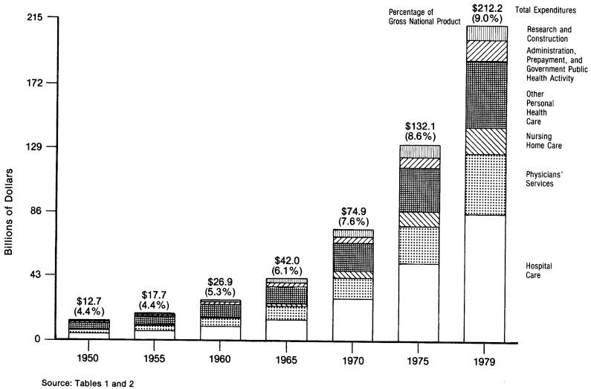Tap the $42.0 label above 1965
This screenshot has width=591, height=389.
tap(286, 261)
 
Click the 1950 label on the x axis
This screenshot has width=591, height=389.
tap(88, 357)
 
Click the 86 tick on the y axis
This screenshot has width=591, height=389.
tap(36, 211)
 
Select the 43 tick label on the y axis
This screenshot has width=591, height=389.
tap(36, 275)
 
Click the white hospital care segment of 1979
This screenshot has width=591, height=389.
tap(485, 275)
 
